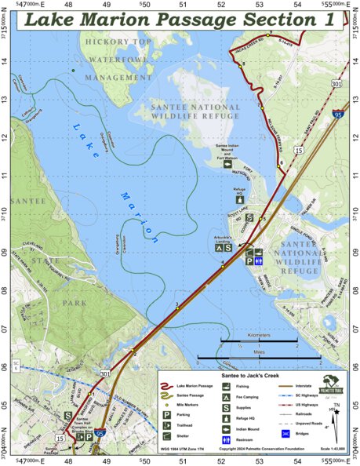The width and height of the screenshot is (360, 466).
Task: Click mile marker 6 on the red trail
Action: coord(280,162)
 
